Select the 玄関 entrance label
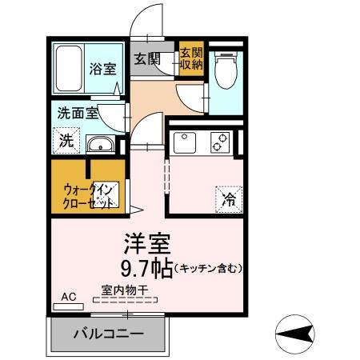point(146,58)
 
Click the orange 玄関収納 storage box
point(191,58)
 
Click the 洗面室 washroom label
point(77,113)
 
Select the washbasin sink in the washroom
point(100,145)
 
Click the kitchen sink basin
point(184,142)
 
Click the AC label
point(69,297)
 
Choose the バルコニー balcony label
point(109,334)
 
